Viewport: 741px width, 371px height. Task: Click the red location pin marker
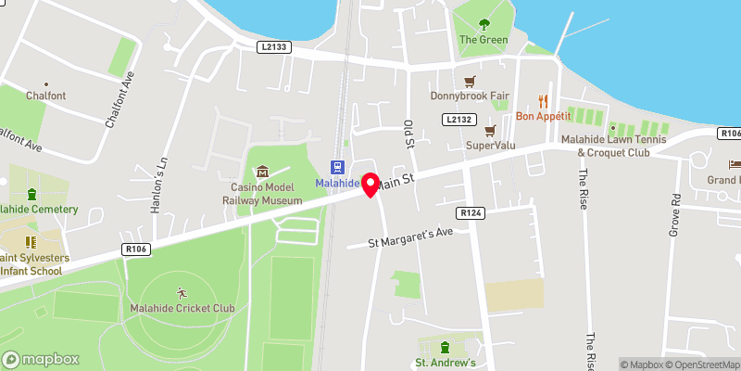pyautogui.click(x=370, y=183)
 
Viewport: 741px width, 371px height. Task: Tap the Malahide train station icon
pyautogui.click(x=337, y=167)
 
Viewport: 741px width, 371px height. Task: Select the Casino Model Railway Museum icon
pyautogui.click(x=262, y=172)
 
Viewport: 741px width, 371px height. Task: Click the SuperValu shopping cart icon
pyautogui.click(x=493, y=129)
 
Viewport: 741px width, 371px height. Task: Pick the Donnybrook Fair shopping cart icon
pyautogui.click(x=470, y=81)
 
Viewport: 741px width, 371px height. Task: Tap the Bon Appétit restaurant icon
pyautogui.click(x=544, y=101)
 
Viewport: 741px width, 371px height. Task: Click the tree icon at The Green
pyautogui.click(x=484, y=24)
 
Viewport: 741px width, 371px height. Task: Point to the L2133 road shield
pyautogui.click(x=273, y=46)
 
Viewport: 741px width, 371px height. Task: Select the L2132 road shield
pyautogui.click(x=458, y=120)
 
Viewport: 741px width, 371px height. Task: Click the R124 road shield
pyautogui.click(x=471, y=213)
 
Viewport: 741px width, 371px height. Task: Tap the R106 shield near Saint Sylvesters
pyautogui.click(x=136, y=249)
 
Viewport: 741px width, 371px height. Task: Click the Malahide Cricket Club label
pyautogui.click(x=182, y=308)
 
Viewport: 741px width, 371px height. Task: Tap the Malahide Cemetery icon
pyautogui.click(x=33, y=195)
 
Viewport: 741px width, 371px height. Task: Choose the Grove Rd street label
pyautogui.click(x=675, y=215)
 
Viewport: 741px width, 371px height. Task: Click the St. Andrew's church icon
pyautogui.click(x=446, y=347)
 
